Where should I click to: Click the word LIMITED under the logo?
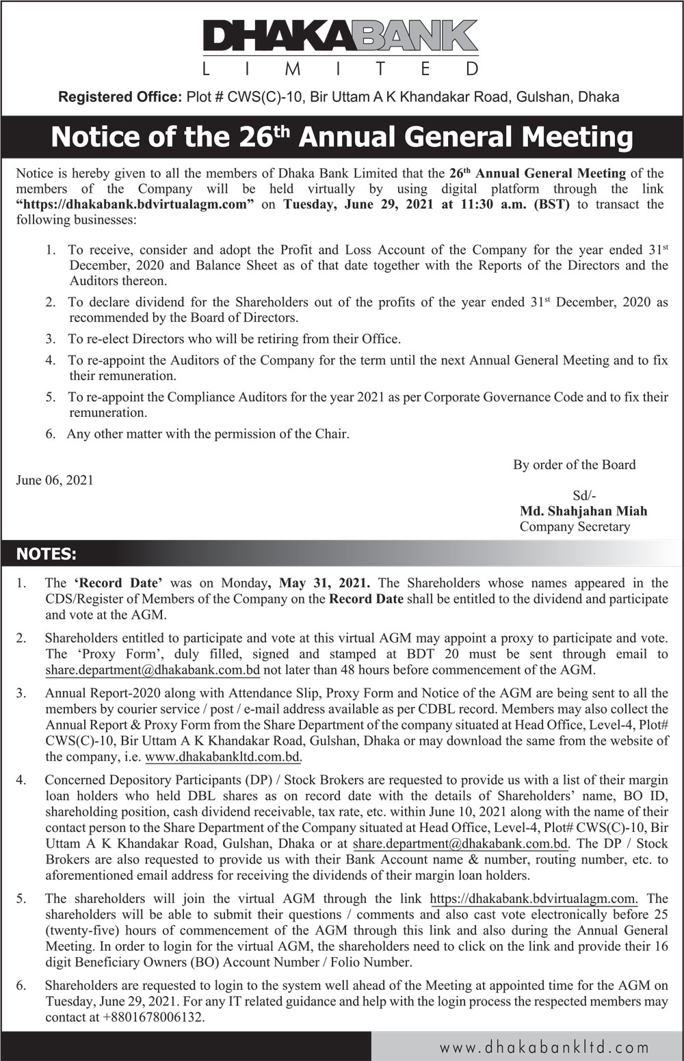342,69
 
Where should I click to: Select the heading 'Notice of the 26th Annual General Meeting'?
342,137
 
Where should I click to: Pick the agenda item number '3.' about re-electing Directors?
51,339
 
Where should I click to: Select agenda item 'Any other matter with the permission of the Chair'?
208,434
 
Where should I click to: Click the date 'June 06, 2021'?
55,480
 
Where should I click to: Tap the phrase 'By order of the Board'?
574,465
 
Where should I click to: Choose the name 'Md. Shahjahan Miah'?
583,511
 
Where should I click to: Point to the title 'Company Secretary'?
575,526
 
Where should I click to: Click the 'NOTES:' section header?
47,554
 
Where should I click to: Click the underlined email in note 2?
153,671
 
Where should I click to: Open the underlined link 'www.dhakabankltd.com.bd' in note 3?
223,757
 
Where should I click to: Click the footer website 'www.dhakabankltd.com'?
544,1047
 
